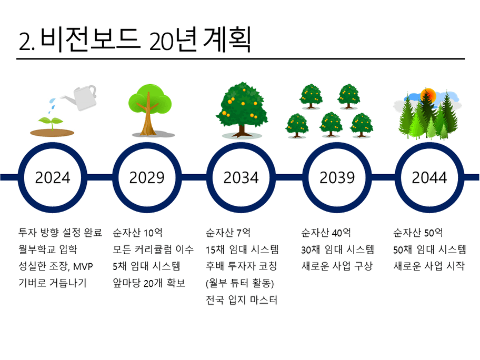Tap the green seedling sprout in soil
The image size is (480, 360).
51,123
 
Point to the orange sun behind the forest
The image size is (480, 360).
428,95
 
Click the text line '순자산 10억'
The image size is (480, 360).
137,233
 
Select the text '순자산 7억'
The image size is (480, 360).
228,233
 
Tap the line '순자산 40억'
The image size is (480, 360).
326,233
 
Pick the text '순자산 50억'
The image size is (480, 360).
418,233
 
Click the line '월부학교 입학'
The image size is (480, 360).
48,249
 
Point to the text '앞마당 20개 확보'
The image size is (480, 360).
149,283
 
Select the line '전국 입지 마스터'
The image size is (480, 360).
242,299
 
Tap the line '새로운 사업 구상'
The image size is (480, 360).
337,266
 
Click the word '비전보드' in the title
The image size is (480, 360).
91,39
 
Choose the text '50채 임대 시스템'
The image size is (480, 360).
429,249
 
